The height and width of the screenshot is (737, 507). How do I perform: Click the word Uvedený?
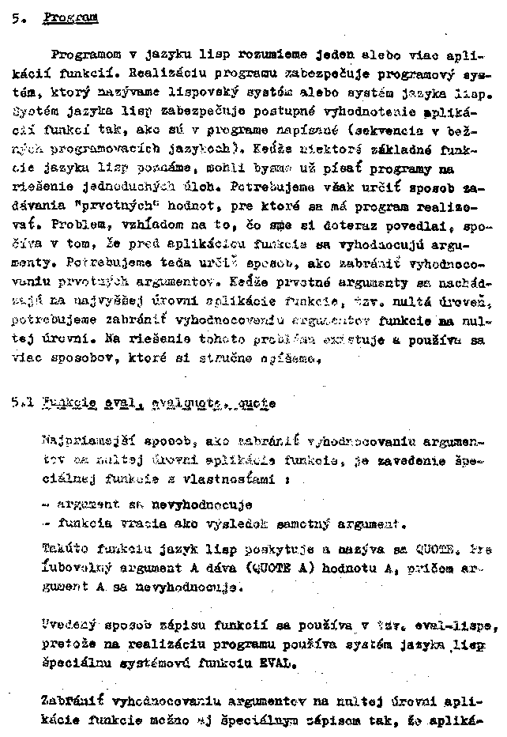click(68, 623)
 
